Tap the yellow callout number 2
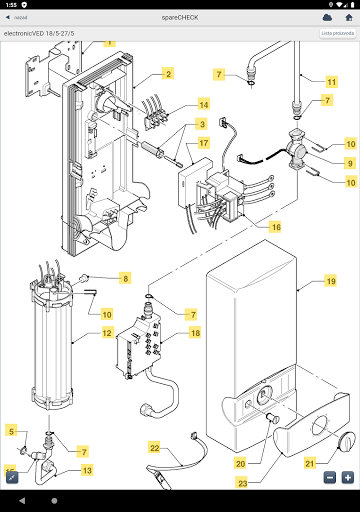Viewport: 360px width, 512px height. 169,75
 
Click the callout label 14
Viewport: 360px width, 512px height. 203,104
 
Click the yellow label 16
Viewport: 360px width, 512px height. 274,227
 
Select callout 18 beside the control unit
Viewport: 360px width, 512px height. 195,332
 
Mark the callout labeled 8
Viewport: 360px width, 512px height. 125,277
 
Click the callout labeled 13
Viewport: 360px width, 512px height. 87,470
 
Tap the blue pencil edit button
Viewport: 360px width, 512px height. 13,477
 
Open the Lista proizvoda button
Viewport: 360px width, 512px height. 338,33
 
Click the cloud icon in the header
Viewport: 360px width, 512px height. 327,17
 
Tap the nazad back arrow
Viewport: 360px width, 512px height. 8,17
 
